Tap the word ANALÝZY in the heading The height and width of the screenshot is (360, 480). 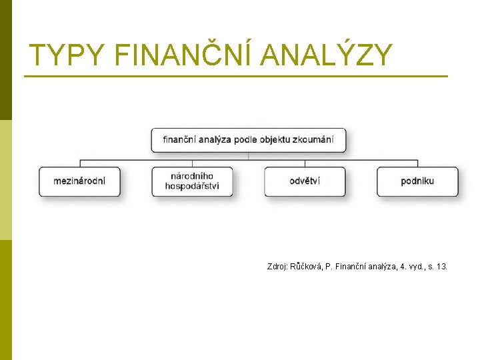point(327,55)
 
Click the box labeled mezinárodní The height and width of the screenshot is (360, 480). point(79,181)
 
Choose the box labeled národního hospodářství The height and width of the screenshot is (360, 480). point(192,181)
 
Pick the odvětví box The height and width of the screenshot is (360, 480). point(305,181)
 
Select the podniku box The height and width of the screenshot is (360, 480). point(417,181)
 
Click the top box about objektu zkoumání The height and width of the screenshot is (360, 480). point(249,141)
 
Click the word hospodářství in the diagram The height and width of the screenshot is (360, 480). point(192,186)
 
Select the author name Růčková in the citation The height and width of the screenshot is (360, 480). point(306,267)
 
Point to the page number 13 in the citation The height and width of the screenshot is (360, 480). point(442,267)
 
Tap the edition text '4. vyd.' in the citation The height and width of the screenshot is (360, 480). point(408,267)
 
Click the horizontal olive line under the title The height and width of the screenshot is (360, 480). point(236,77)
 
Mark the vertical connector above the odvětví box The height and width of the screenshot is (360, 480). point(305,163)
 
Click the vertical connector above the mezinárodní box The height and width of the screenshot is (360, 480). point(80,163)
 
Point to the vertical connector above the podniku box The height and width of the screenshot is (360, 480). point(417,163)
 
